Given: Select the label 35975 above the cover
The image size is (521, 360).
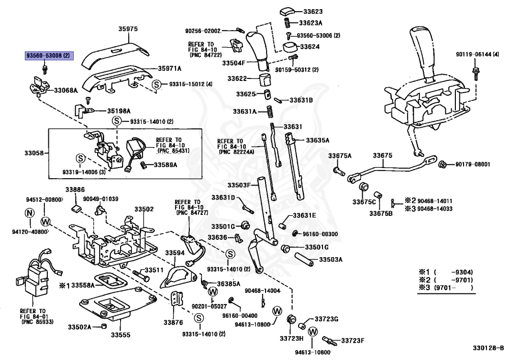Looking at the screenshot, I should tap(128, 29).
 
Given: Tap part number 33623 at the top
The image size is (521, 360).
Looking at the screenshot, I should tap(310, 11).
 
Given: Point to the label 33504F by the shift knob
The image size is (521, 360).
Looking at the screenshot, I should tap(233, 63).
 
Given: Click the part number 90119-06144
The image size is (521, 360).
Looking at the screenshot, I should tap(477, 54).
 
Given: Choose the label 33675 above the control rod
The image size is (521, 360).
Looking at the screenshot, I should tap(382, 155).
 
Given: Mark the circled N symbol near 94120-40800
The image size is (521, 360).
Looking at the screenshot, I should tap(30, 212).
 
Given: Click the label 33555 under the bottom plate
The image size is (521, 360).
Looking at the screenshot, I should tap(121, 335).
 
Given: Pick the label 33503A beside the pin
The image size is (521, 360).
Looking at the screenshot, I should tap(331, 260).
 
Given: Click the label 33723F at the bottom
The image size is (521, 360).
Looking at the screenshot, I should tap(354, 340).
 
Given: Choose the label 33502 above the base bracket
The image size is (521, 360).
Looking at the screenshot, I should tap(144, 209).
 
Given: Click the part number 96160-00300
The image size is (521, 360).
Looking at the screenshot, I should tap(320, 233).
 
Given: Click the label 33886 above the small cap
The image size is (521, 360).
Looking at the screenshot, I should tap(75, 189).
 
